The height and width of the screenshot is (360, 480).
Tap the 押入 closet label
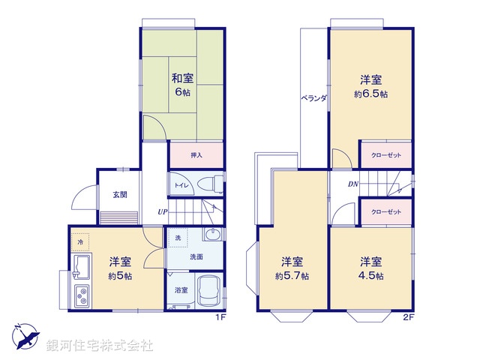tap(196, 155)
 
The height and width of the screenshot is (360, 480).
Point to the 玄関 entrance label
tap(120, 194)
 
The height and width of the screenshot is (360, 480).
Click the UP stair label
tap(162, 212)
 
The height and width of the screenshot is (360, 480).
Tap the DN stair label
tap(352, 185)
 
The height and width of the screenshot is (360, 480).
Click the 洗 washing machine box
tap(178, 238)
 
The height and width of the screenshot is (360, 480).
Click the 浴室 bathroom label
tap(181, 289)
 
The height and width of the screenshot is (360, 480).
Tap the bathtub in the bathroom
tap(208, 291)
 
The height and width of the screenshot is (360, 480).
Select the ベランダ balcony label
tap(313, 97)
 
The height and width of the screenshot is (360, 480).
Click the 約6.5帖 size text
tap(370, 94)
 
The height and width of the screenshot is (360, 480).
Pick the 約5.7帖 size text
tap(292, 275)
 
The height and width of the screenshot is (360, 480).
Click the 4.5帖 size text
tap(370, 275)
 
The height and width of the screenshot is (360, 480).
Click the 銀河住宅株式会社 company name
tap(100, 345)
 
